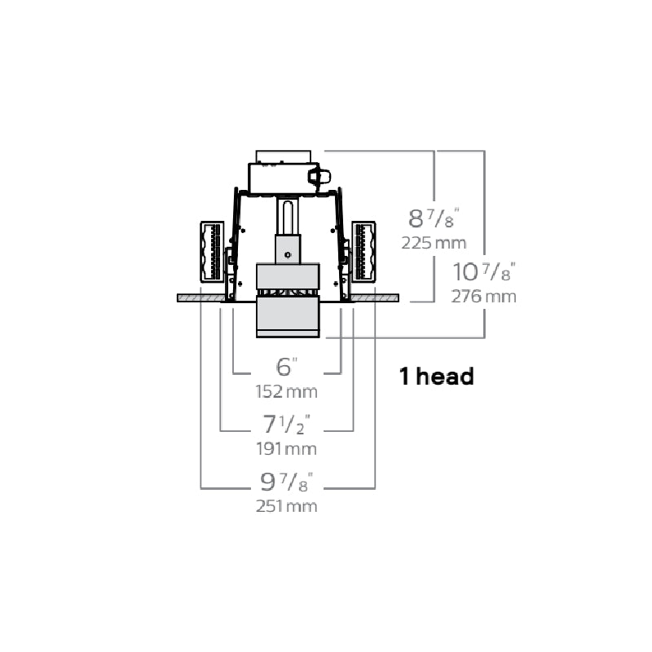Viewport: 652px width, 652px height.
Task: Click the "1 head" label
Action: [437, 376]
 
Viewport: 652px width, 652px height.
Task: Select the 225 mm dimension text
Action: [434, 243]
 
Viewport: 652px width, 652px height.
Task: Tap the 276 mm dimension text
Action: [483, 297]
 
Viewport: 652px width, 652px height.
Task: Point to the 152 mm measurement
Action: [286, 392]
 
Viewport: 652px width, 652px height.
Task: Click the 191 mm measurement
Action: [286, 449]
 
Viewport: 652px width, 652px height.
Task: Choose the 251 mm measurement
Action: [286, 506]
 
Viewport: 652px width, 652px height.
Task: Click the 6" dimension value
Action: [287, 367]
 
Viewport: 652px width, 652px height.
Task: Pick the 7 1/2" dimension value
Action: [287, 424]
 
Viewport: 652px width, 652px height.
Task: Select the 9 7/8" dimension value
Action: [287, 482]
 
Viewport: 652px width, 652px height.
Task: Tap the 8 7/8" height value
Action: [434, 218]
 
